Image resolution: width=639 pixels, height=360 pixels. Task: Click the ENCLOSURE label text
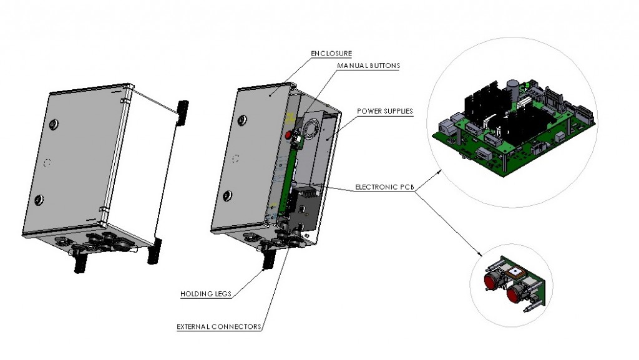331,53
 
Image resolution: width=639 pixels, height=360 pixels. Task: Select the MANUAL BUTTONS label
369,65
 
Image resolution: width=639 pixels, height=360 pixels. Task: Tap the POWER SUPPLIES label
385,112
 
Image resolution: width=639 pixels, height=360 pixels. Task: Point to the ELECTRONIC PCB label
384,186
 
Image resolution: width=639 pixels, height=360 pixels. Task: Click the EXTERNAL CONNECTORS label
218,326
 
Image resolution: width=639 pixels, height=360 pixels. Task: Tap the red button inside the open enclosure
288,135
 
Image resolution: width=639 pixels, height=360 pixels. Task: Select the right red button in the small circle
515,292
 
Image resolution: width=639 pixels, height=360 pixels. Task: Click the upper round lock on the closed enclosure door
53,122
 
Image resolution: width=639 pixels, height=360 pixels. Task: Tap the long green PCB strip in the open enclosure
288,175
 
